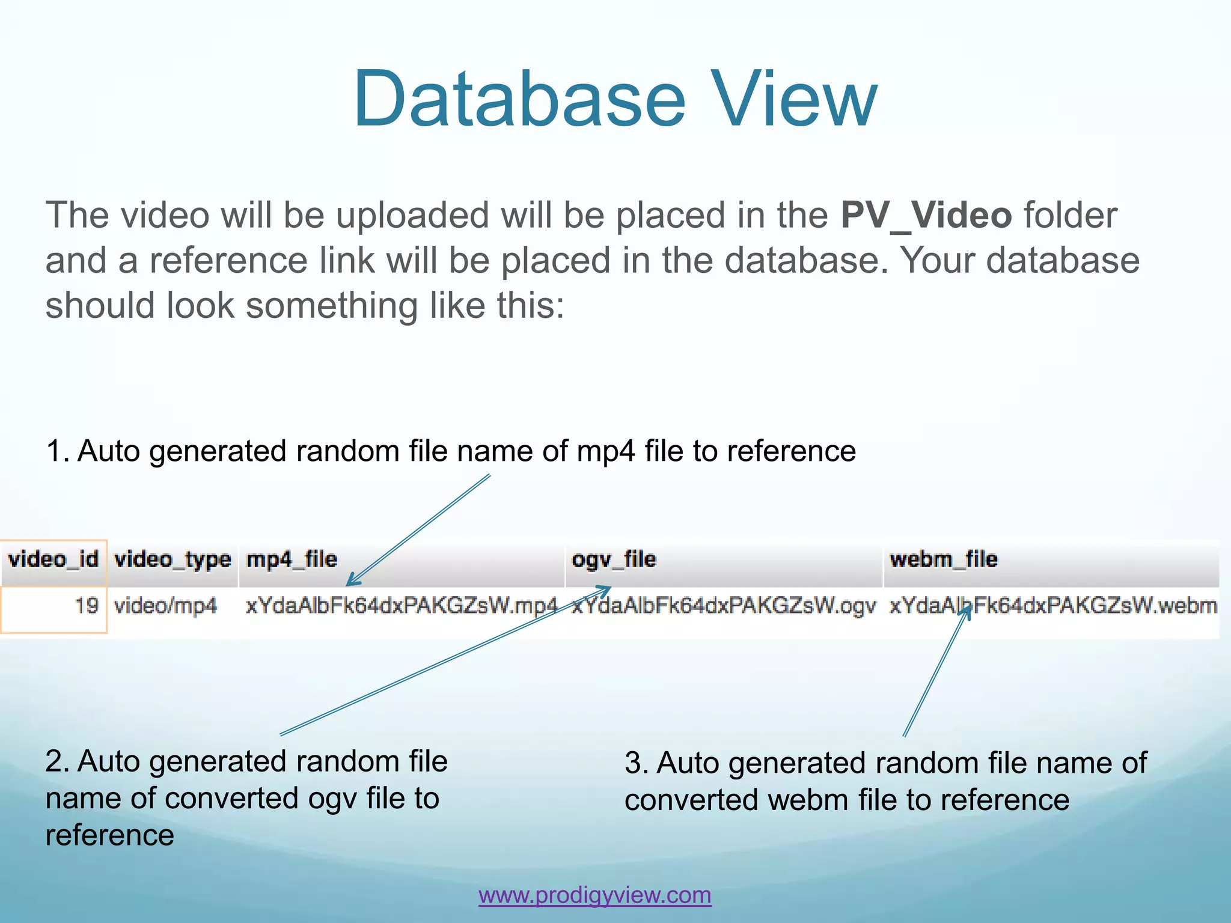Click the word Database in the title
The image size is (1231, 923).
click(x=519, y=99)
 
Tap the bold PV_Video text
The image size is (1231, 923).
click(x=926, y=215)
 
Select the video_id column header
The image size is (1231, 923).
click(x=53, y=559)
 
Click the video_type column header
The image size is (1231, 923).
click(x=173, y=560)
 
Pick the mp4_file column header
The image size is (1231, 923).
click(x=292, y=559)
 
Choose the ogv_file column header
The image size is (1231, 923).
click(x=614, y=559)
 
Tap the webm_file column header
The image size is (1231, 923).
click(x=943, y=559)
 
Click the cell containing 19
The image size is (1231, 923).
click(x=86, y=605)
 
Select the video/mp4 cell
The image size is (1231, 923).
click(x=165, y=605)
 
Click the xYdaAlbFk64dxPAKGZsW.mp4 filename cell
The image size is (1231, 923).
click(x=402, y=605)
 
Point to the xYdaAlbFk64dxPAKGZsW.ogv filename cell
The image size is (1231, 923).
click(x=724, y=606)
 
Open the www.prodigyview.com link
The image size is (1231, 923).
click(x=594, y=895)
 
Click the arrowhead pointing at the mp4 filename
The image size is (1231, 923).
click(x=352, y=581)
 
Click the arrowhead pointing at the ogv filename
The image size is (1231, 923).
click(x=605, y=589)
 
